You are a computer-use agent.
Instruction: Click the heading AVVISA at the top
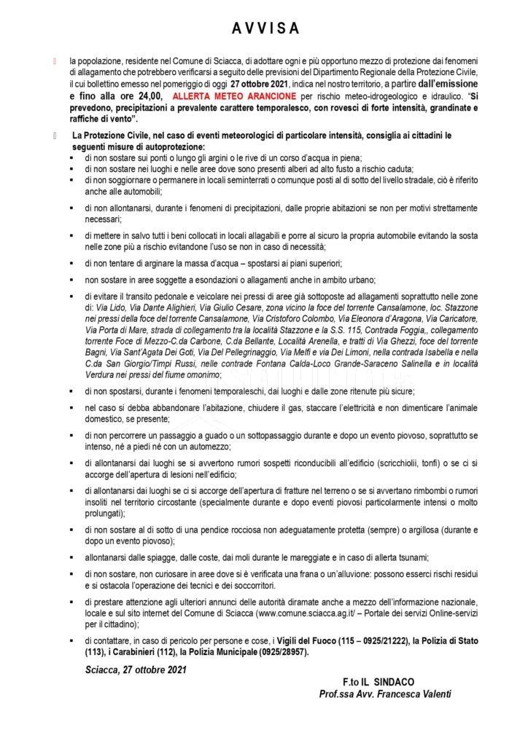[x=264, y=28]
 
